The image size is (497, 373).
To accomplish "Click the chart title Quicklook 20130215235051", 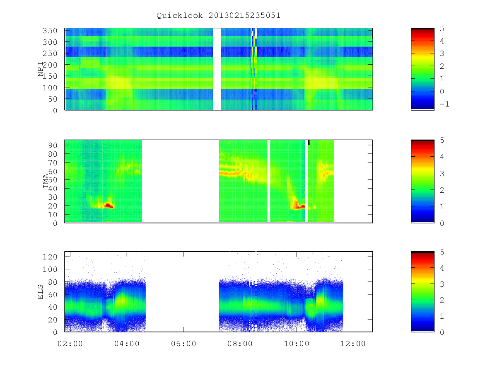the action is (x=218, y=16).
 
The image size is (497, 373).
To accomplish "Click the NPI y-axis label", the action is (x=41, y=69).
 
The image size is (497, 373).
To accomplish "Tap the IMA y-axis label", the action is (x=46, y=181).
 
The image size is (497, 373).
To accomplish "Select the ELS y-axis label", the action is (x=40, y=292).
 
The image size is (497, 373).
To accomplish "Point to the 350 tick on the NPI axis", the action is (x=50, y=31).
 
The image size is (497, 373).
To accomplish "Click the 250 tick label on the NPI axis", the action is (x=50, y=53).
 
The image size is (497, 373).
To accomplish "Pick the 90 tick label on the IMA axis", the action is (x=53, y=145).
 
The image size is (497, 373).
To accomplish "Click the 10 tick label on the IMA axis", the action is (x=53, y=214).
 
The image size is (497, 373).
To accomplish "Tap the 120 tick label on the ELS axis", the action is (x=50, y=257).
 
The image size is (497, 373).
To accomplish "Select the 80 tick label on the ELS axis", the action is (x=53, y=282).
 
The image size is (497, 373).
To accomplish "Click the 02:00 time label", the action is (x=70, y=344).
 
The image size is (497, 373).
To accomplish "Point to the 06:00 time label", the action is (x=183, y=344).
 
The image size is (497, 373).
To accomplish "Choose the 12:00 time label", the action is (x=353, y=344).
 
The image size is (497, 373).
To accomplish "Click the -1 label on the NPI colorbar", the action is (x=444, y=104).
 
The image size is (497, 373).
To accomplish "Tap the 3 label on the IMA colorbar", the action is (x=442, y=174).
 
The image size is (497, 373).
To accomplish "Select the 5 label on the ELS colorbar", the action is (x=442, y=252).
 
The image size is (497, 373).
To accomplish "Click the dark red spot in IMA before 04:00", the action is (x=109, y=206).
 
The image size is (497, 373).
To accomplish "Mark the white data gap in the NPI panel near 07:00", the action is (x=217, y=69).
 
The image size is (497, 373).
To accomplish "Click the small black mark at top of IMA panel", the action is (x=309, y=143).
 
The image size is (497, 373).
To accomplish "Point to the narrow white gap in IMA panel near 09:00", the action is (x=269, y=181).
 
